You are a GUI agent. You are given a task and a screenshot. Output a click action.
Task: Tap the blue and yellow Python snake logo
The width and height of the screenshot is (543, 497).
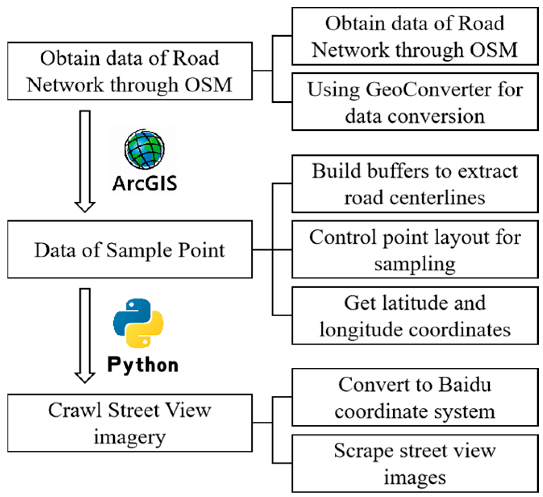(x=138, y=323)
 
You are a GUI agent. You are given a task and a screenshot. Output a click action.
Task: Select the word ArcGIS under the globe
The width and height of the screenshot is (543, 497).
(x=145, y=183)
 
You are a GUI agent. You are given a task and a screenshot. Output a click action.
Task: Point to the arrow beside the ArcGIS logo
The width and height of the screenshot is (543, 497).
(x=85, y=162)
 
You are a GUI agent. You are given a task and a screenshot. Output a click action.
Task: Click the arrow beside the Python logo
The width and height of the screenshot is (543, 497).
(x=85, y=335)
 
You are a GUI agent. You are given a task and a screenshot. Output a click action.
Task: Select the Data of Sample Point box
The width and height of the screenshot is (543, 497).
(x=130, y=249)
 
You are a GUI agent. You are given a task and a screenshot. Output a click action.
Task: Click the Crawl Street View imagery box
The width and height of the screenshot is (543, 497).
(x=130, y=423)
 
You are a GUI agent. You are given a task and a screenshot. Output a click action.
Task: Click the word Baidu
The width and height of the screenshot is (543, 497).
(x=465, y=384)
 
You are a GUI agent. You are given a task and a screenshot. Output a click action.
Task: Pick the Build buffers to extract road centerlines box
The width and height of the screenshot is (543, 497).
(x=415, y=184)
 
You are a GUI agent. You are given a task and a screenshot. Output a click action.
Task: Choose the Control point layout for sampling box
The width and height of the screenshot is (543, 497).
(x=415, y=249)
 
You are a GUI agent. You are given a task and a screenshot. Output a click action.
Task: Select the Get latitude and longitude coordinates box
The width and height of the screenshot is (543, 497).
(x=415, y=316)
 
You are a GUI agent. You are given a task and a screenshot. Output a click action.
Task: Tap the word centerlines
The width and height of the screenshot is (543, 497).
(x=437, y=198)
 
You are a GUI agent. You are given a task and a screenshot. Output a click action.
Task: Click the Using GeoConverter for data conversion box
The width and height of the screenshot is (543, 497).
(x=415, y=101)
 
